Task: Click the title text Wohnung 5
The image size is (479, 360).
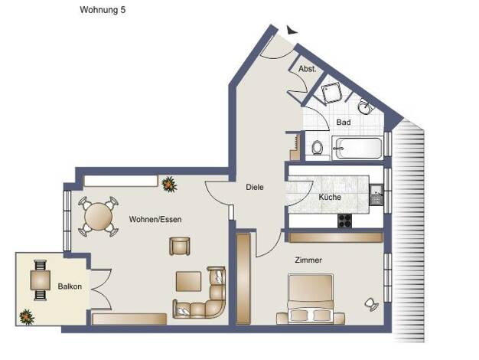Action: pyautogui.click(x=103, y=10)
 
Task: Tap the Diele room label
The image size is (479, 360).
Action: pyautogui.click(x=255, y=187)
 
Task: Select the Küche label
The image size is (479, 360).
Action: pyautogui.click(x=330, y=197)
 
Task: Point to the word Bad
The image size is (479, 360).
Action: pyautogui.click(x=344, y=122)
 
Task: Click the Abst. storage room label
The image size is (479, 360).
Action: pyautogui.click(x=308, y=69)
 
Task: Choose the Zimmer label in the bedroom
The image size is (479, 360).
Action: pyautogui.click(x=308, y=260)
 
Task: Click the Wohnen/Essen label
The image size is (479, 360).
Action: pyautogui.click(x=155, y=219)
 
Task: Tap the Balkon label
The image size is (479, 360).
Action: pyautogui.click(x=70, y=286)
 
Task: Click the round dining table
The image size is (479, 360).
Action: pyautogui.click(x=99, y=217)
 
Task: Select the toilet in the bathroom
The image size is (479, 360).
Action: pyautogui.click(x=318, y=147)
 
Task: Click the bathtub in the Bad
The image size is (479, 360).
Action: pyautogui.click(x=357, y=149)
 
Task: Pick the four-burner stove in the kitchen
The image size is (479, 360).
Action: pyautogui.click(x=344, y=221)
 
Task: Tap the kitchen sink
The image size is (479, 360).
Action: pyautogui.click(x=376, y=195)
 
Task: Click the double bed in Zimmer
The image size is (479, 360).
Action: pyautogui.click(x=310, y=299)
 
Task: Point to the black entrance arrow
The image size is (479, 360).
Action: pyautogui.click(x=291, y=30)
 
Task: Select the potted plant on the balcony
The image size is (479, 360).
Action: pyautogui.click(x=27, y=317)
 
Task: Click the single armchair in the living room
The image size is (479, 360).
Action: pyautogui.click(x=180, y=246)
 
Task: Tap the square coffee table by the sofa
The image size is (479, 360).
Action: pyautogui.click(x=188, y=281)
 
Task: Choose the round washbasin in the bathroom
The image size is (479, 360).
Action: pyautogui.click(x=364, y=106)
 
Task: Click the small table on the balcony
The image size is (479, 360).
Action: pyautogui.click(x=41, y=280)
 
